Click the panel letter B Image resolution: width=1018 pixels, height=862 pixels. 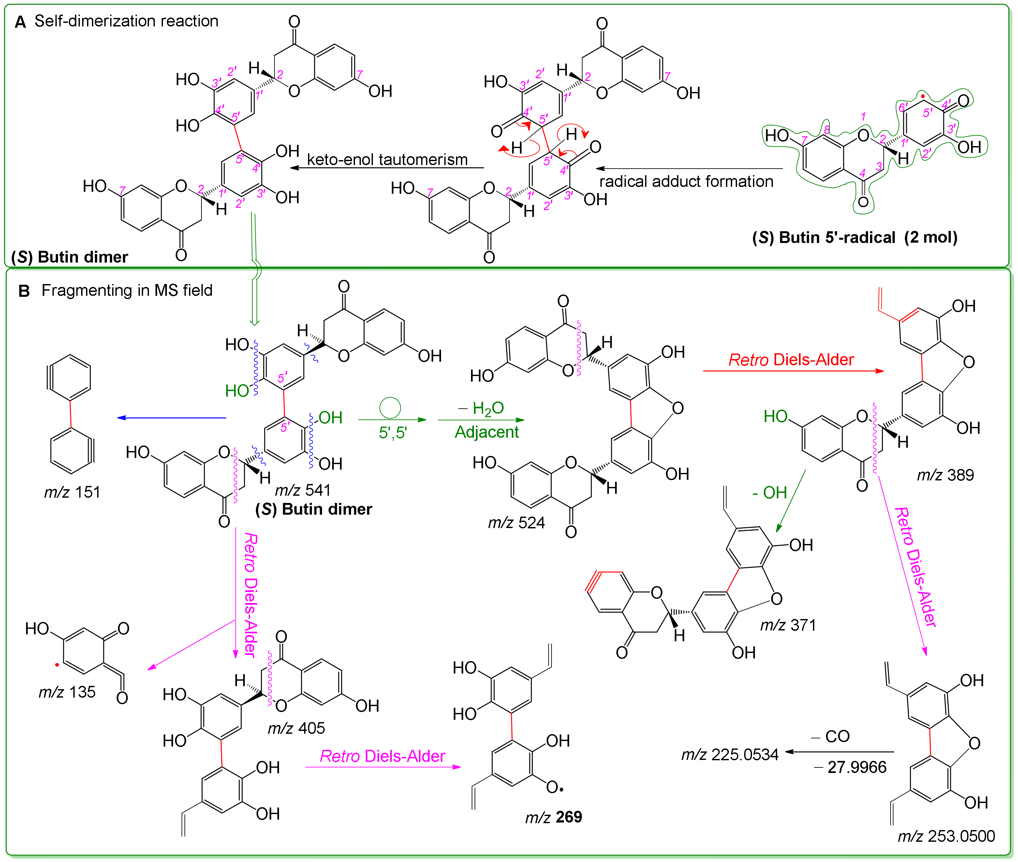pos(24,292)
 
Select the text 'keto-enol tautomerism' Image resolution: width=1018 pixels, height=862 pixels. pos(387,160)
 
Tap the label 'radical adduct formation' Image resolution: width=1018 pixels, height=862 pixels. pos(686,182)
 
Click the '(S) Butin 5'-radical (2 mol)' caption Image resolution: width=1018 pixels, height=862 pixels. pos(854,237)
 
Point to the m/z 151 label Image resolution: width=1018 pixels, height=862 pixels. pos(72,492)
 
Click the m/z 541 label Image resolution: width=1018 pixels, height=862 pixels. pos(303,490)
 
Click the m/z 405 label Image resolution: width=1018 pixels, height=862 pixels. pos(296,728)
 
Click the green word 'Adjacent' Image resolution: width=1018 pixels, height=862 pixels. pos(487,432)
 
